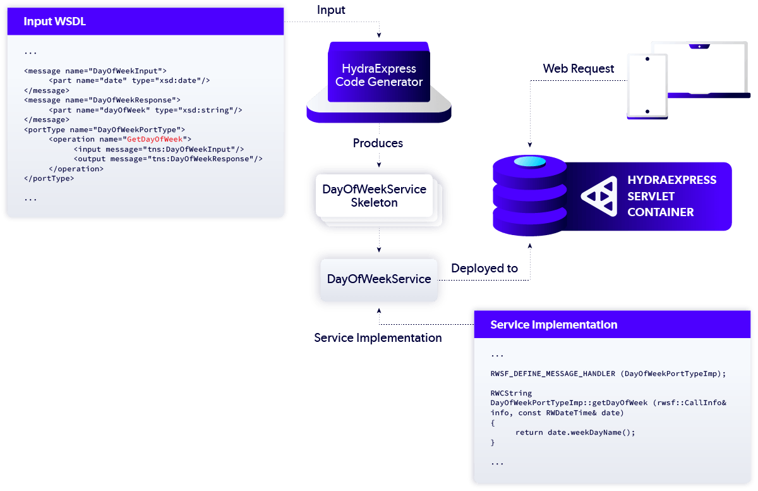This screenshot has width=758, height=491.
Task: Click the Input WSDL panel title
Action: (54, 21)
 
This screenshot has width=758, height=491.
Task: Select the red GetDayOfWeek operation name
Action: (155, 139)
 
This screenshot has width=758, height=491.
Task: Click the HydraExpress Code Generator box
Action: (378, 75)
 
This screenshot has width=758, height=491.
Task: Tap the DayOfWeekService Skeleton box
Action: (374, 196)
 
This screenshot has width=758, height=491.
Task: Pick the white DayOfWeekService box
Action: (379, 279)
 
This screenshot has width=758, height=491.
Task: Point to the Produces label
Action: (378, 143)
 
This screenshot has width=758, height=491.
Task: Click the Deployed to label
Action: (484, 269)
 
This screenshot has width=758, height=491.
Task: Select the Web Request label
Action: (578, 69)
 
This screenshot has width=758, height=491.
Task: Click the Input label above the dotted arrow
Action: (331, 11)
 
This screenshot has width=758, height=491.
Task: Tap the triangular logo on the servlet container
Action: (598, 196)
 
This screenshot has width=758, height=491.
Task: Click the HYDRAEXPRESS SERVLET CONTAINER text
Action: (671, 196)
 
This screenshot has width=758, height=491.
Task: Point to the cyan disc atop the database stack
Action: (529, 162)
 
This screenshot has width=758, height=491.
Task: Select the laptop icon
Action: (699, 70)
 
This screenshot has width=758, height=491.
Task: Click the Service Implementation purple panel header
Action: (553, 325)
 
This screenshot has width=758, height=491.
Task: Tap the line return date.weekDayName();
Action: (575, 432)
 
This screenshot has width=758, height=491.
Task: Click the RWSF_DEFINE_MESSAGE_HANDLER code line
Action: (608, 373)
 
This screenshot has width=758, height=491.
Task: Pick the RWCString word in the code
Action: (511, 393)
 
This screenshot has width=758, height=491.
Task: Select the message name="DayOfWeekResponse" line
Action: (102, 100)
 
